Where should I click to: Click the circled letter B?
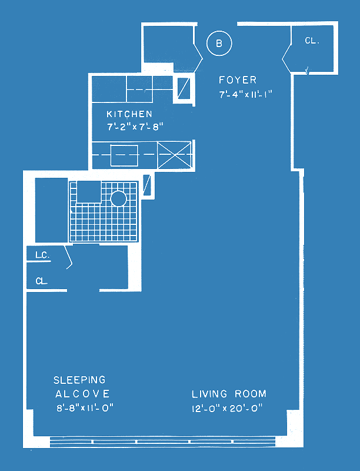point(219,43)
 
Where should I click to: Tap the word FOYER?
point(238,80)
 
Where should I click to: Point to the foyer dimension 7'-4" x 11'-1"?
point(245,94)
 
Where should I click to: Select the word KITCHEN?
point(129,114)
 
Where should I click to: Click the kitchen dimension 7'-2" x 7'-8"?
point(135,127)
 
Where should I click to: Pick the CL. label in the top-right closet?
point(312,41)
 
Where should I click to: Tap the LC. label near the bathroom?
point(42,256)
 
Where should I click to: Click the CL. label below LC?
point(41,281)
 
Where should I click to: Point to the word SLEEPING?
point(79,380)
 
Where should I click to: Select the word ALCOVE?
point(82,394)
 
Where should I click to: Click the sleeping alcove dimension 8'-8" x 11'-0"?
point(85,408)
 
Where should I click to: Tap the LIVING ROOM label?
point(229,394)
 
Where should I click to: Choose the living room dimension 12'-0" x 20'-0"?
point(227,408)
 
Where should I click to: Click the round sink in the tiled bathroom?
point(118,198)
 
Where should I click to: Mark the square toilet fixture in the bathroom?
point(89,192)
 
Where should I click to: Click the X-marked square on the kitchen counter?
point(174,155)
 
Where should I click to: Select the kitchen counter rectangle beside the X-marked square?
point(124,155)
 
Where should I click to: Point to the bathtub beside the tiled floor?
point(51,210)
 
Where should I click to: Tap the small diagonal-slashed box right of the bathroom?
point(146,185)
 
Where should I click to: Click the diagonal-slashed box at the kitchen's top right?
point(184,88)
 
